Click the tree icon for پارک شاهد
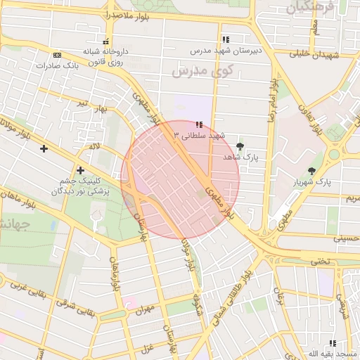pos(241,146)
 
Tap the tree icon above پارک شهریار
pos(311,171)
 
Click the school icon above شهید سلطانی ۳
pos(200,124)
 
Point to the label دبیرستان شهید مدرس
pos(224,51)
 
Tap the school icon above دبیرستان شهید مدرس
pos(225,40)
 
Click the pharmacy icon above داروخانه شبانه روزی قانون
pos(105,41)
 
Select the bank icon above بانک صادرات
pos(57,56)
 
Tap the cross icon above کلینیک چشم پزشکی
pos(81,170)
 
